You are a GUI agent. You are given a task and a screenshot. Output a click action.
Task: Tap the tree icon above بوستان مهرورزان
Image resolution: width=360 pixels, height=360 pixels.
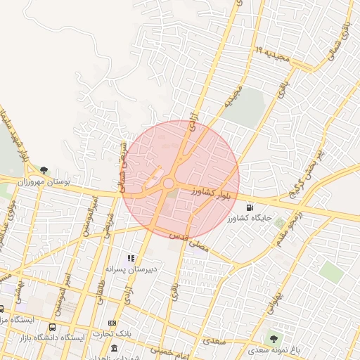tap(44, 170)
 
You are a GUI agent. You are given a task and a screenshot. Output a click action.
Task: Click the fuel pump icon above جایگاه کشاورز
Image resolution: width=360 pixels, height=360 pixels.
tap(251, 207)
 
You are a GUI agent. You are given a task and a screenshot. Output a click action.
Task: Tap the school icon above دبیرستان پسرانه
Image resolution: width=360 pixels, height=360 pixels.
tap(131, 258)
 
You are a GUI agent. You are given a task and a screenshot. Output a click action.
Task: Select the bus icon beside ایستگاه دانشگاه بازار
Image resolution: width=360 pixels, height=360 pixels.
tap(53, 327)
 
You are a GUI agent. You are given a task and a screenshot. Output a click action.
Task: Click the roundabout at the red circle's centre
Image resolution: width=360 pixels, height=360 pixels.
tap(169, 184)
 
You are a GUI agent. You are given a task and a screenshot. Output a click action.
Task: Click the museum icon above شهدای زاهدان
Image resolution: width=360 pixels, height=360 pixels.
tap(114, 348)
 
